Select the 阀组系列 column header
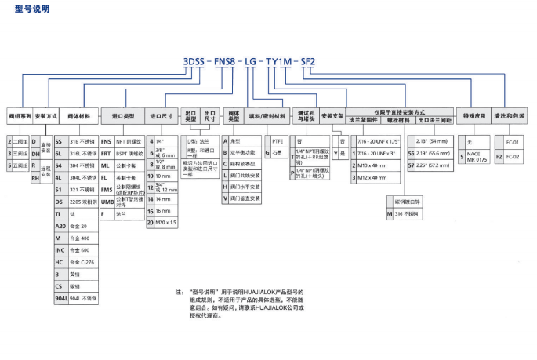tap(20, 115)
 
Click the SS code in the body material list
tap(58, 140)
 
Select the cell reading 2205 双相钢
tap(83, 201)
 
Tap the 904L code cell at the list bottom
tap(60, 298)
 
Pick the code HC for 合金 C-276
tap(58, 261)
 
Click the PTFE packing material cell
tap(277, 140)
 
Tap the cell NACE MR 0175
tap(477, 158)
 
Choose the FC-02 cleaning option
tap(513, 157)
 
